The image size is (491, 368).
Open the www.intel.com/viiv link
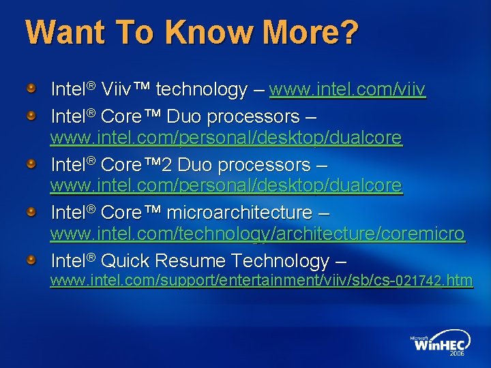pos(348,89)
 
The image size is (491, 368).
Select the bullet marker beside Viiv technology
pos(31,89)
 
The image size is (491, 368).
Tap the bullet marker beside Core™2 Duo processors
pos(31,165)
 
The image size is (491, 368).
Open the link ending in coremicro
pos(258,234)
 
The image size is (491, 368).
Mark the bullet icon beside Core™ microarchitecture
pos(31,213)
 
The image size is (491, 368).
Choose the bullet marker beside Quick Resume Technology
pos(31,260)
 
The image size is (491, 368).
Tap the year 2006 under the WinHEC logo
pos(456,355)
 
